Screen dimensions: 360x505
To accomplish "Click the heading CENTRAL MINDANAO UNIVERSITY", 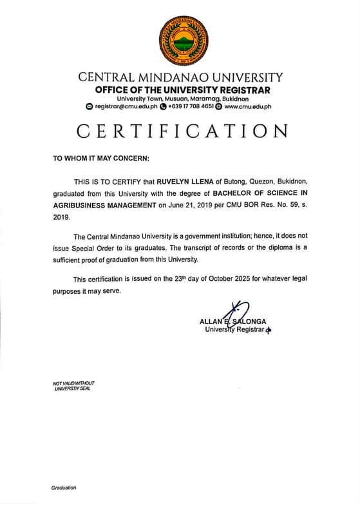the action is pos(180,77).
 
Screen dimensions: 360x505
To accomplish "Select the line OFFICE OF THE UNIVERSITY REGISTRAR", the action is pos(182,90).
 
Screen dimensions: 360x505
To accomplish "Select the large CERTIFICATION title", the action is pos(182,131).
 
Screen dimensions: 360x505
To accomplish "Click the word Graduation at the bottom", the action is pos(64,488).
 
